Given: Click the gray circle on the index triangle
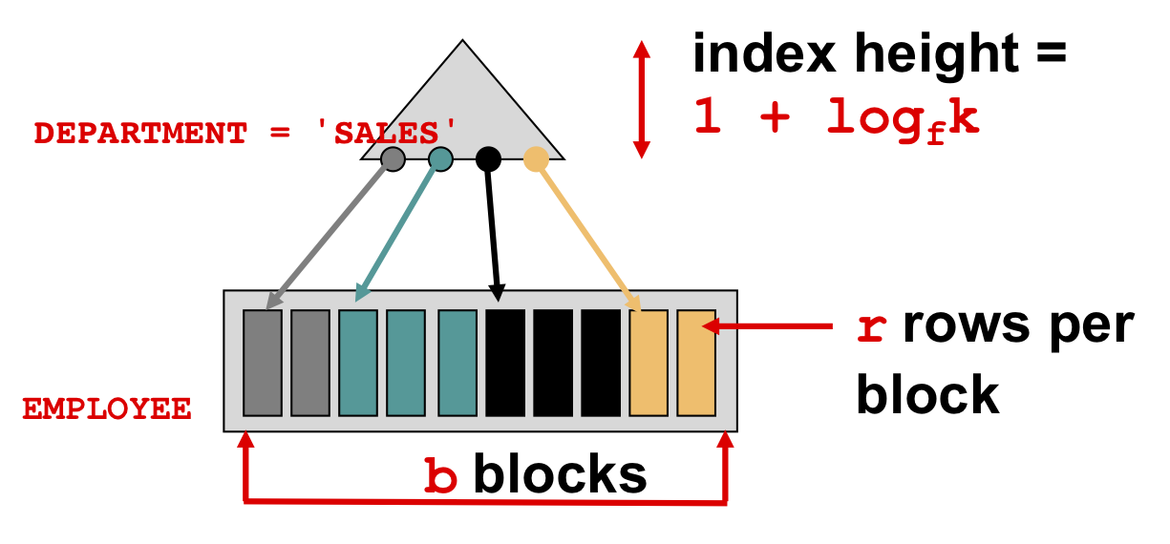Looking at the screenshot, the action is (393, 159).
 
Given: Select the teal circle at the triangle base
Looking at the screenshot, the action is (440, 159).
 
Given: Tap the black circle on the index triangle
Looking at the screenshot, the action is (488, 159).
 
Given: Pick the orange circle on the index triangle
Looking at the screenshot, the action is (536, 159).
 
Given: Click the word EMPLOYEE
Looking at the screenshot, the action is (107, 408).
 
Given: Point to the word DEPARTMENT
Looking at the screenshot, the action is (140, 134).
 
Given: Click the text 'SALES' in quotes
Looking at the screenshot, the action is (387, 133).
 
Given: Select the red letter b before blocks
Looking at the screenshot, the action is (440, 475).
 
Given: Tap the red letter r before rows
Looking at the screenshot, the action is (872, 329).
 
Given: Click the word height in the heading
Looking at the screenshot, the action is (936, 53).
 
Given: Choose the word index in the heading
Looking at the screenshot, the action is (764, 53).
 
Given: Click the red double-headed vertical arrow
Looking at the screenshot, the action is (642, 99).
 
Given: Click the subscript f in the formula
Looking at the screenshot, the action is (937, 135).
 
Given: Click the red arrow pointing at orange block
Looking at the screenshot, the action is (767, 326).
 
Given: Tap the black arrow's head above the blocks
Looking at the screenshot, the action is (498, 293).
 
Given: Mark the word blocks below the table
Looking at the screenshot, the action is (560, 474).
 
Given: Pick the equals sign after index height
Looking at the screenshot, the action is (1051, 54).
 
